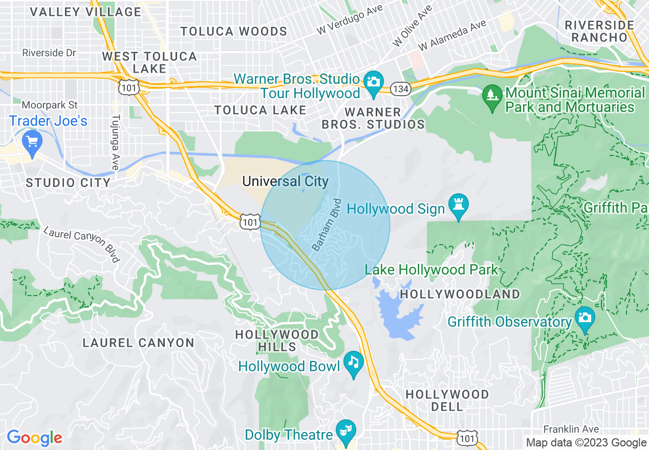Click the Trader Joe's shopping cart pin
tap(32, 141)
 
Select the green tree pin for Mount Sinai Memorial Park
tap(492, 96)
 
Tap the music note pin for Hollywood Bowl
tap(353, 363)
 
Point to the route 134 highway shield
tap(400, 89)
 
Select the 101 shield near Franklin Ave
tap(468, 438)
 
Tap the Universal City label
tap(285, 182)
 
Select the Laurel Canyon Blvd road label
tap(81, 244)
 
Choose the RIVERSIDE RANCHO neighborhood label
tap(599, 31)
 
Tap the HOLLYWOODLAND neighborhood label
tap(460, 295)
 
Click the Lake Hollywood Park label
tap(431, 269)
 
